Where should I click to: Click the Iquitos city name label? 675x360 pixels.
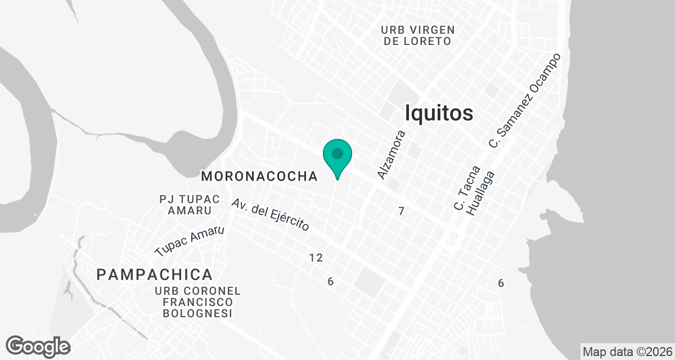point(439,113)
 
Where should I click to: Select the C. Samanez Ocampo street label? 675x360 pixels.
point(525,101)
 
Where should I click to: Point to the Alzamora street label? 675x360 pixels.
point(391,155)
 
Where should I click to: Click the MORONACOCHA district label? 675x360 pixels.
point(259,176)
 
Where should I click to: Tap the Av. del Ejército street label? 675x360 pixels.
point(271,214)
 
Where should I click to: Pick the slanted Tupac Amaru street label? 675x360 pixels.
point(190,241)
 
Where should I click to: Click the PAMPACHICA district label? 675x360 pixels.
point(155,274)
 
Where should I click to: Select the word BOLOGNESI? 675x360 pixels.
point(197,313)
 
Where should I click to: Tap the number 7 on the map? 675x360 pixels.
point(401,211)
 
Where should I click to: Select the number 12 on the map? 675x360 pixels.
point(316,258)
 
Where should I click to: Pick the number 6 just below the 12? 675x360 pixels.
point(331,281)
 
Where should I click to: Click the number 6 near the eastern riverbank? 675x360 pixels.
point(501,283)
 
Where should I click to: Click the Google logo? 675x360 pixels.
point(38,346)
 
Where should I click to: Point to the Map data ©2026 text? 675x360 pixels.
point(627,352)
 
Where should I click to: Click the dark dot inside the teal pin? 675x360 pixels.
point(337,153)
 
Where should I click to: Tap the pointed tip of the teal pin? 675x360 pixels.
point(337,179)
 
